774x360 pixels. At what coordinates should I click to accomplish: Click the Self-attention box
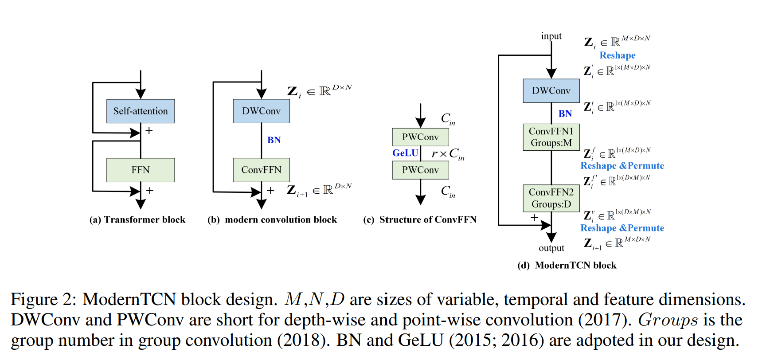[141, 111]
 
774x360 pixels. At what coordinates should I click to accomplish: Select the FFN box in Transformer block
[141, 170]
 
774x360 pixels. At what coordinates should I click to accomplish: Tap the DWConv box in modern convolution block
[261, 111]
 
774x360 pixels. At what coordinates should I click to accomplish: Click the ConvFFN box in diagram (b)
[261, 170]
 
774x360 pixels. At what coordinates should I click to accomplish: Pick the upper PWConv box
[420, 137]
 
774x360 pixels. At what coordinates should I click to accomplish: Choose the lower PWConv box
[420, 170]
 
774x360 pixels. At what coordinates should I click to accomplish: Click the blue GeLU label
[405, 153]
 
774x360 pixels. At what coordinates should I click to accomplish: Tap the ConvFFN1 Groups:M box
[551, 137]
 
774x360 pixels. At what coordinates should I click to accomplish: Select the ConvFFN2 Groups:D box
[551, 198]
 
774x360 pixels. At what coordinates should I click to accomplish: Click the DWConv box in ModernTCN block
[551, 91]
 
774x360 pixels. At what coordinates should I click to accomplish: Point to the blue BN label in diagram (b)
[274, 140]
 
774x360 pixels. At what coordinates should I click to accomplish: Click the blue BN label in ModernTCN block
[565, 114]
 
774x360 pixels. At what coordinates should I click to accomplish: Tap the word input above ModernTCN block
[551, 36]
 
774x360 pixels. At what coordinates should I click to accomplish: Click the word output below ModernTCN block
[551, 248]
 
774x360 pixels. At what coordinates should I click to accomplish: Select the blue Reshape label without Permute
[617, 55]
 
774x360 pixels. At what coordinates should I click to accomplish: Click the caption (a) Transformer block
[137, 220]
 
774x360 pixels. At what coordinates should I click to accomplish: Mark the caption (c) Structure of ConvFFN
[419, 220]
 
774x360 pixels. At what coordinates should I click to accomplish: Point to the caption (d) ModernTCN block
[567, 266]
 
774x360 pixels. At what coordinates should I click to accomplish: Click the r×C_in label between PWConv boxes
[448, 154]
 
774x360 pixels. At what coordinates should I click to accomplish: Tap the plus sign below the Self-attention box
[149, 131]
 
